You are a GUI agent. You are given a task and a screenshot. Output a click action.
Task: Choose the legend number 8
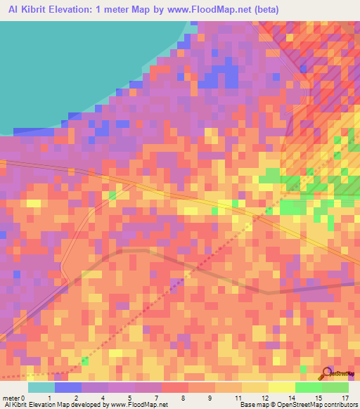click(184, 398)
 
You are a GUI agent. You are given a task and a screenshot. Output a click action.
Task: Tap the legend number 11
click(238, 398)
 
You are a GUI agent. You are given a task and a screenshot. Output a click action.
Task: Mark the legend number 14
click(291, 398)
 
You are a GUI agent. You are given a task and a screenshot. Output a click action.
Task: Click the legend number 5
click(130, 398)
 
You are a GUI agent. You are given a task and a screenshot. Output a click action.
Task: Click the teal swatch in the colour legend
click(41, 387)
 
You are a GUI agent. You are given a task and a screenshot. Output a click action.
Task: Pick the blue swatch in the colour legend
click(68, 387)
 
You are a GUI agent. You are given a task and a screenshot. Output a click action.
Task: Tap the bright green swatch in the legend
click(309, 387)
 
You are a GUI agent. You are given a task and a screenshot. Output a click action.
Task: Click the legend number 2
click(76, 398)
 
